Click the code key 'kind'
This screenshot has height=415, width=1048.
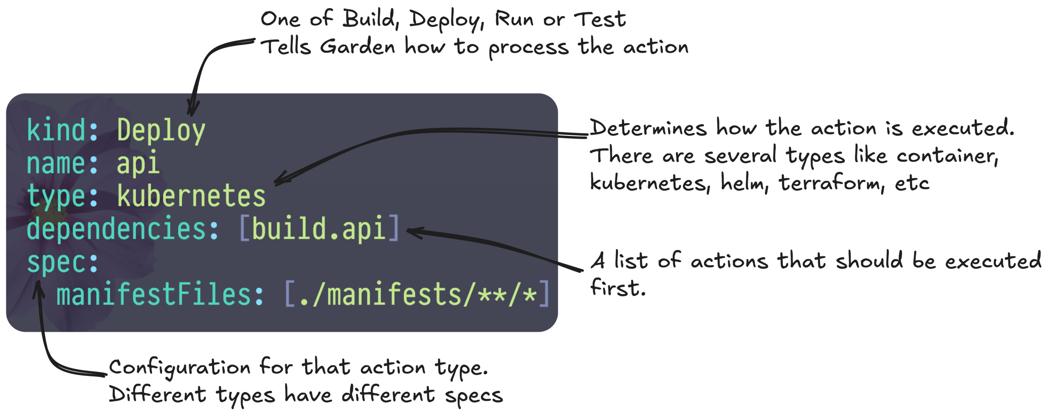55,130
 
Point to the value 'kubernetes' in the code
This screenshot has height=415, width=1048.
191,196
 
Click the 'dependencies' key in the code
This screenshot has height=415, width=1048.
116,229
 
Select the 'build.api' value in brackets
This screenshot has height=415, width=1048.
319,229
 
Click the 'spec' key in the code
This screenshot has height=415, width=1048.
55,262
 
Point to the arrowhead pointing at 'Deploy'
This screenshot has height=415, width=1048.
193,110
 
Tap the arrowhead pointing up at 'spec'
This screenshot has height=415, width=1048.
39,289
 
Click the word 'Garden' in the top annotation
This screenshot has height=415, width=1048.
358,47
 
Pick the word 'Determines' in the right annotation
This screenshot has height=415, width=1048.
649,128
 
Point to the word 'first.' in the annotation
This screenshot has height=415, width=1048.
618,288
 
